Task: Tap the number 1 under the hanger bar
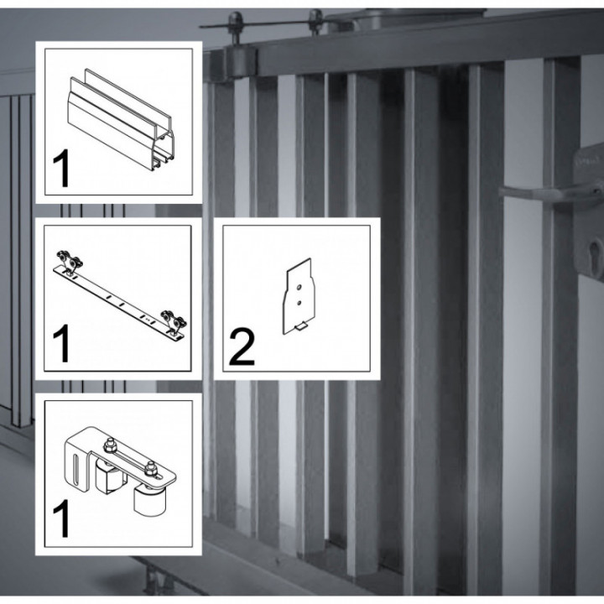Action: click(62, 345)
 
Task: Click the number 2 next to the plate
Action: click(242, 347)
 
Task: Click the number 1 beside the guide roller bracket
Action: click(62, 519)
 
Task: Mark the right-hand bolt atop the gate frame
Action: click(315, 16)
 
